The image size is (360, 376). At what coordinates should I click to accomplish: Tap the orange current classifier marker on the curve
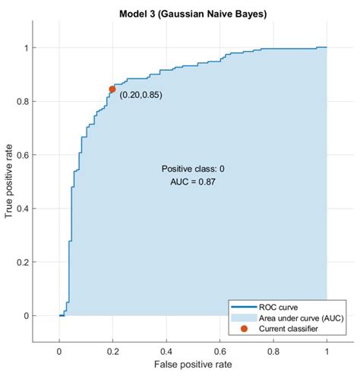[x=112, y=89]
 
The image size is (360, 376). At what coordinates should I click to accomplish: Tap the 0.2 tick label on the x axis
[x=112, y=352]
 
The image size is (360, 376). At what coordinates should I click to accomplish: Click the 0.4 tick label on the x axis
[x=166, y=352]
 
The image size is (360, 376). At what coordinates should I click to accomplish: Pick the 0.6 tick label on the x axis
[x=219, y=352]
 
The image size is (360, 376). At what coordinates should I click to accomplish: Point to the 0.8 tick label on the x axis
[x=273, y=352]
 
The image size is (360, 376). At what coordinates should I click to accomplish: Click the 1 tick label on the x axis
[x=327, y=352]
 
